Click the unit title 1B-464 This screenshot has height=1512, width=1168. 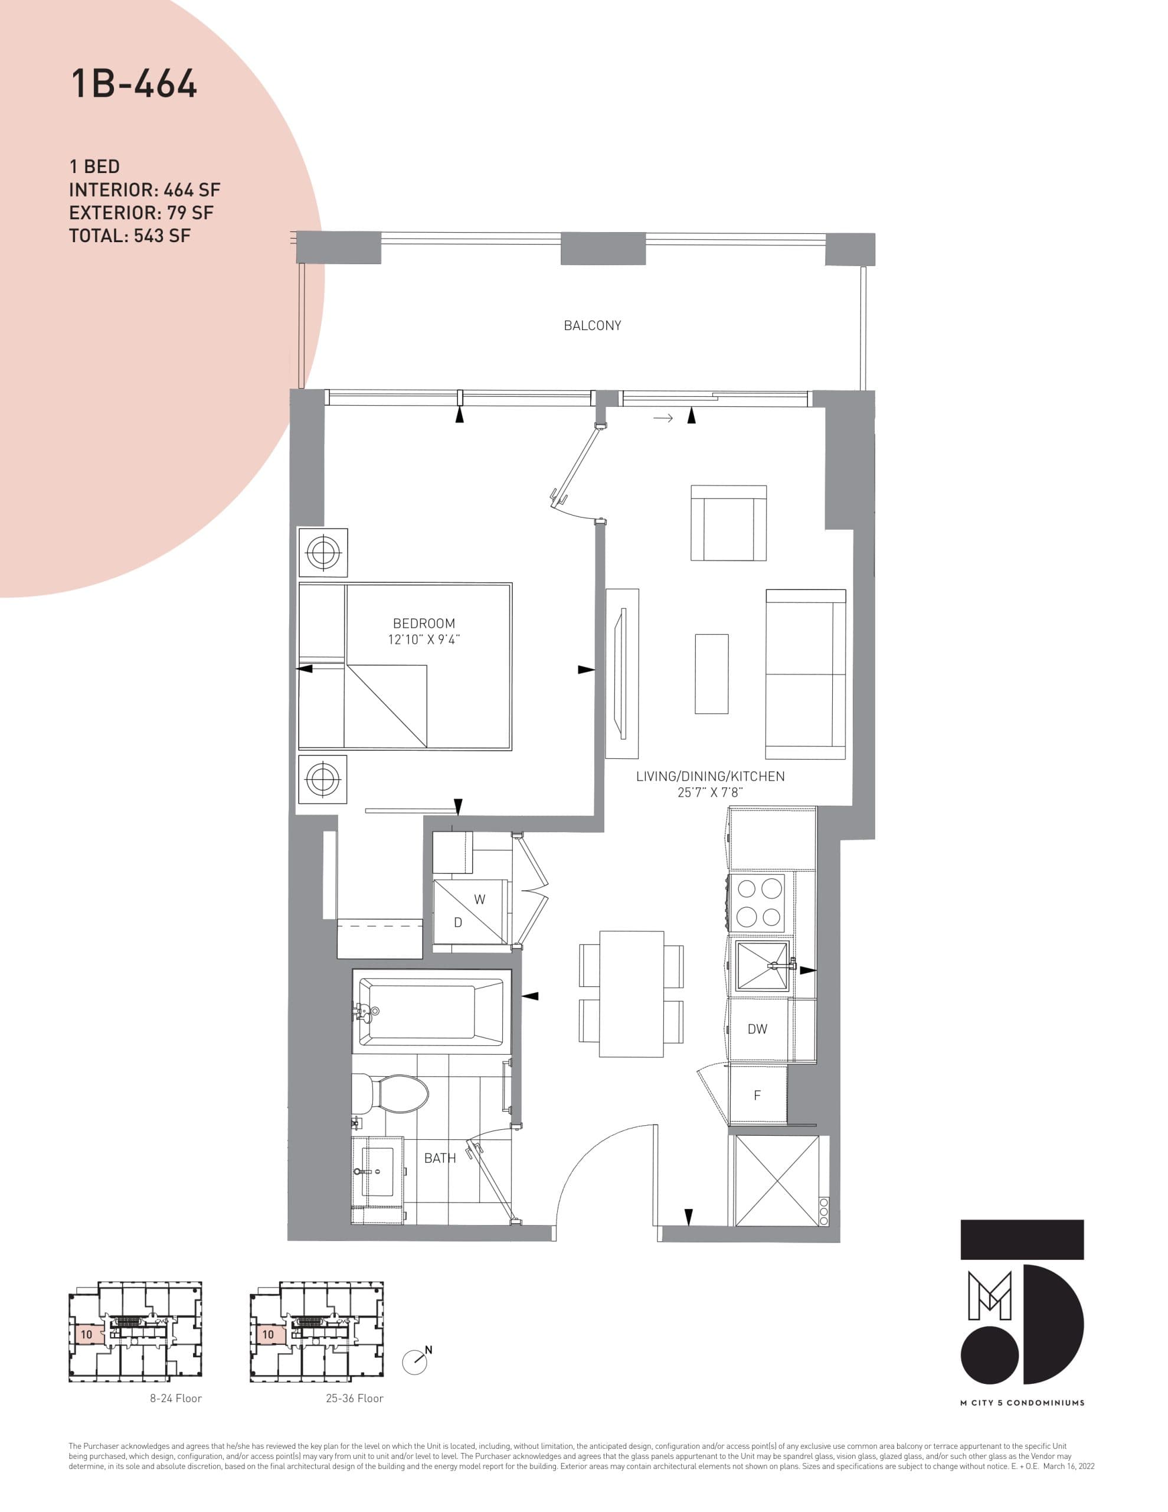coord(134,84)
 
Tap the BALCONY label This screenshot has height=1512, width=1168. coord(593,325)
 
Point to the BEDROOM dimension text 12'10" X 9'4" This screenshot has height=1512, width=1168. coord(424,640)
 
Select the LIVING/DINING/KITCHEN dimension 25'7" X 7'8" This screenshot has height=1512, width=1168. coord(710,793)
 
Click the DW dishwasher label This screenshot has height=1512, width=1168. coord(757,1029)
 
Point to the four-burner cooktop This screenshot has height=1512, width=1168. coord(759,902)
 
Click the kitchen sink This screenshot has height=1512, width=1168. coord(762,966)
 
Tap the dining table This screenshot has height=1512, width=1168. coord(631,994)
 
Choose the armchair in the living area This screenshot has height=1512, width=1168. coord(728,523)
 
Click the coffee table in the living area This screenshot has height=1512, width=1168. coord(711,674)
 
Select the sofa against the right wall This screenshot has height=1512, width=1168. coord(806,674)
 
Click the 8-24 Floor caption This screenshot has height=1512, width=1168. coord(176,1399)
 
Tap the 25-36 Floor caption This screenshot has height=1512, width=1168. coord(354,1399)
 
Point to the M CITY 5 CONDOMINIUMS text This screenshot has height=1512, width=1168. coord(1022,1403)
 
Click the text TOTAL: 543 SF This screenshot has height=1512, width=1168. coord(129,236)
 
